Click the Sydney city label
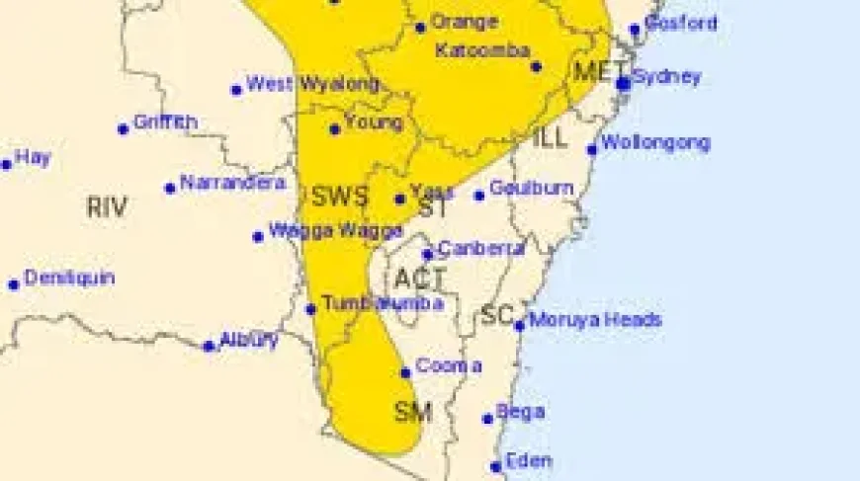pos(666,76)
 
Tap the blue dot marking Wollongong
pos(592,150)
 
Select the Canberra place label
pos(480,249)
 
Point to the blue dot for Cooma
pos(405,372)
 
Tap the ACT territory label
pos(420,279)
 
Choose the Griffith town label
pos(165,122)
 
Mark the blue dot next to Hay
pos(6,165)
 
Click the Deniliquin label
pos(69,278)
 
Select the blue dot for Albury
pos(209,347)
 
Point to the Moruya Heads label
pos(595,320)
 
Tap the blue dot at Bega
pos(487,419)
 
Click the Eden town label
pos(528,460)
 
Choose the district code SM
pos(413,412)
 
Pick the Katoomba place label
pos(483,49)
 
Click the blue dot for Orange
pos(420,27)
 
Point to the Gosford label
pos(680,23)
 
